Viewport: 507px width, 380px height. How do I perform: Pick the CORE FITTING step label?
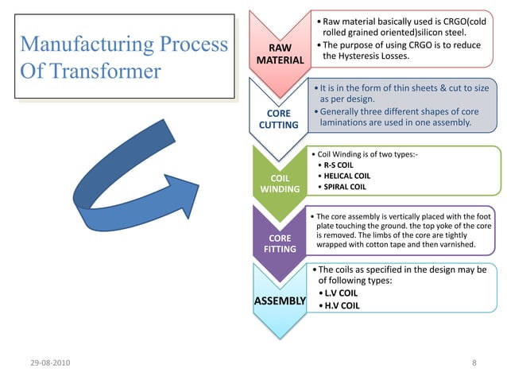pos(280,243)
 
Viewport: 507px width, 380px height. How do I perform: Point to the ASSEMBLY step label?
pos(280,301)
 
